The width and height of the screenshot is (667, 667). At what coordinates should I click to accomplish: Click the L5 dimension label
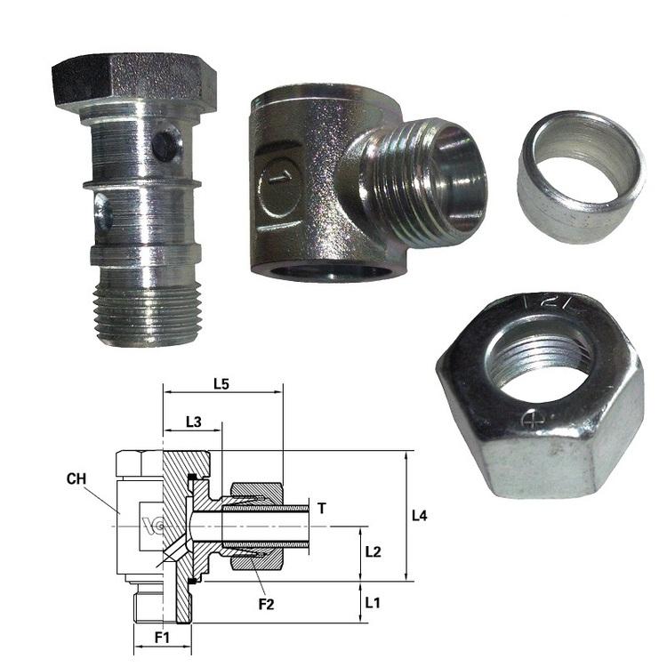221,384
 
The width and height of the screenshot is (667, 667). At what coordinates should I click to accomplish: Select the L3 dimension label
194,422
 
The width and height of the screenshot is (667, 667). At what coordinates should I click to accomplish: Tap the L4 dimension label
420,516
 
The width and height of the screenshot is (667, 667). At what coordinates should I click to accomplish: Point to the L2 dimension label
373,551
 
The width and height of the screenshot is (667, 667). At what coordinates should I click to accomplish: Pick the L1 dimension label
373,602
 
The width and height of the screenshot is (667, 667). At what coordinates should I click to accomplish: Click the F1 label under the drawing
162,638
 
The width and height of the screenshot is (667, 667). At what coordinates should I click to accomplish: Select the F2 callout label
267,604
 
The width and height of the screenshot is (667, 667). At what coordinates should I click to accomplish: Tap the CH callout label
76,479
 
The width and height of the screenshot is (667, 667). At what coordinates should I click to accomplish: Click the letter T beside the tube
322,508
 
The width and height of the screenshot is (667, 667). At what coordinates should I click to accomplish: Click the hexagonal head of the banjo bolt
134,81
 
